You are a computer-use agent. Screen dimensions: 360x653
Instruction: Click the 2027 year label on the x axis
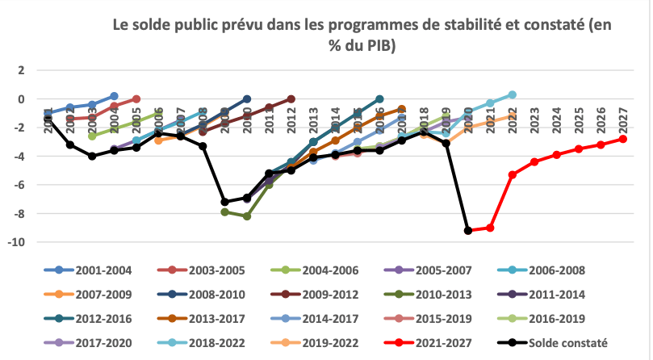pyautogui.click(x=622, y=123)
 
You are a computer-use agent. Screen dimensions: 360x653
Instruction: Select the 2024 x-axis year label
pyautogui.click(x=556, y=123)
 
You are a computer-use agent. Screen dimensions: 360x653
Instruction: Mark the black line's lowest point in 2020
pyautogui.click(x=467, y=231)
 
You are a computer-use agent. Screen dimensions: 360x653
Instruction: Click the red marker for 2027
pyautogui.click(x=622, y=139)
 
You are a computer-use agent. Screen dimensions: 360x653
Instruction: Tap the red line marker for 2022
pyautogui.click(x=512, y=174)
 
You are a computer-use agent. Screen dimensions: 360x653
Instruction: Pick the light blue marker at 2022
pyautogui.click(x=512, y=94)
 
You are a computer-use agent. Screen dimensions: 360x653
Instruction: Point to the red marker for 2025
pyautogui.click(x=578, y=149)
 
